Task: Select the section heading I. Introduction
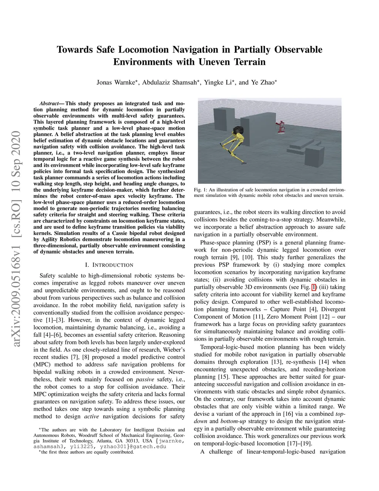pyautogui.click(x=109, y=265)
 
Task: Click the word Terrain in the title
pyautogui.click(x=249, y=62)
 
